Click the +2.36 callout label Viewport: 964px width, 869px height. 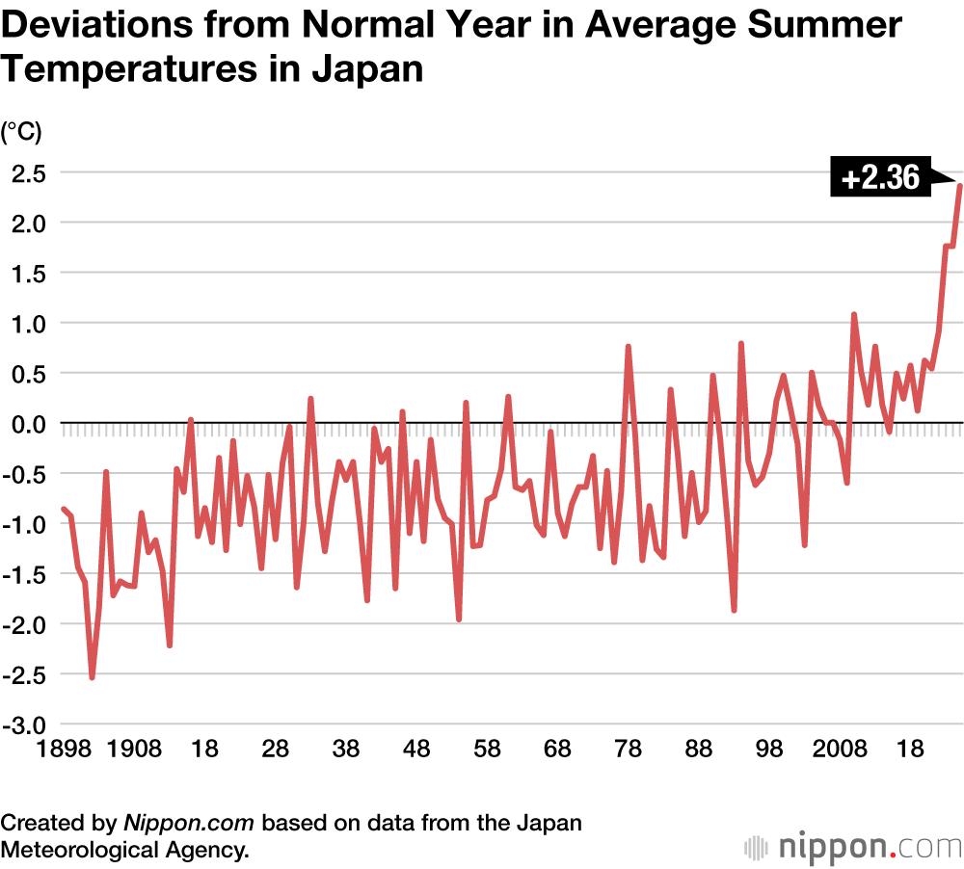pos(879,178)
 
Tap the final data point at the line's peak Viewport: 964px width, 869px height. pos(960,185)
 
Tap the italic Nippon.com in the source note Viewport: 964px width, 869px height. pos(188,824)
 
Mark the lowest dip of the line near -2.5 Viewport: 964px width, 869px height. pos(93,677)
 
